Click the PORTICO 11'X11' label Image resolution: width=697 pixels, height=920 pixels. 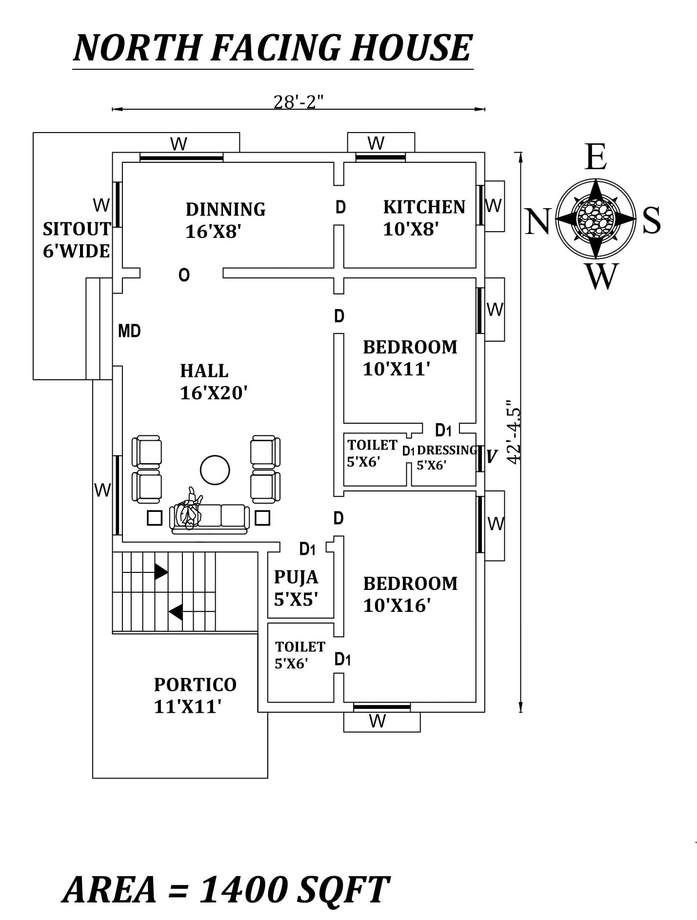point(195,695)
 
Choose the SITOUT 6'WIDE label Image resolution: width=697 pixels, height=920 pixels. point(77,239)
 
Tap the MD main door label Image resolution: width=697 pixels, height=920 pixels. point(129,332)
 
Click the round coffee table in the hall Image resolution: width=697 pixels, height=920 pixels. point(215,470)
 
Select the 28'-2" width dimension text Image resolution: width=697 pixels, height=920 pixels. point(299,102)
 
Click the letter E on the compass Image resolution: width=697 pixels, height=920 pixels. point(596,157)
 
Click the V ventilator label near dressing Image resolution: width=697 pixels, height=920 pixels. point(492,456)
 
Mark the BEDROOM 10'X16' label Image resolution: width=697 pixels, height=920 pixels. point(410,594)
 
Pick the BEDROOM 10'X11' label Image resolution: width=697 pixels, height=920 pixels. point(410,358)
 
